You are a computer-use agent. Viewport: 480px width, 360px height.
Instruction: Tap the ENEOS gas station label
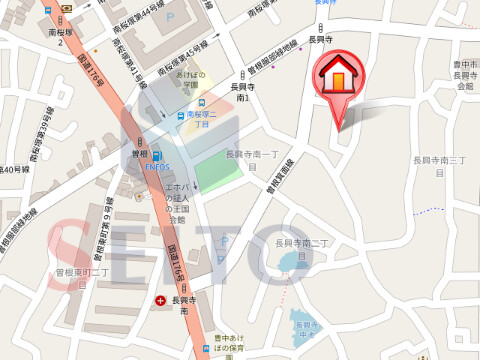tap(159, 166)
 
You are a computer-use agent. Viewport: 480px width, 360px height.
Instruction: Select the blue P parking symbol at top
tap(171, 18)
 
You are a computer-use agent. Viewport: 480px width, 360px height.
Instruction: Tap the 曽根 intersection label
tap(139, 153)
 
